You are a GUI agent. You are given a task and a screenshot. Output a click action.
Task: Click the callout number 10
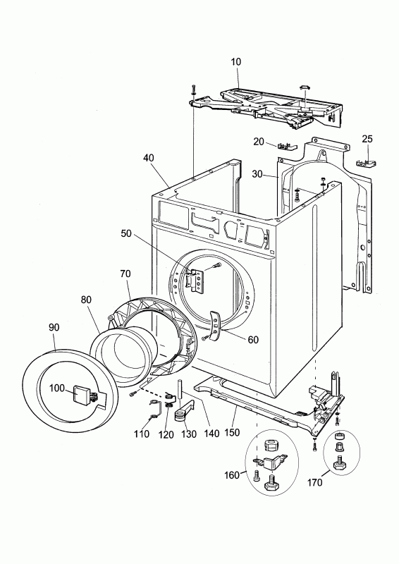pos(235,62)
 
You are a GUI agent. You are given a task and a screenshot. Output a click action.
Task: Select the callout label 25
pos(367,138)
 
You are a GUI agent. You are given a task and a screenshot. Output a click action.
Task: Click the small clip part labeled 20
pos(286,147)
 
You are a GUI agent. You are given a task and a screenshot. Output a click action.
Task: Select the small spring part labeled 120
pos(169,403)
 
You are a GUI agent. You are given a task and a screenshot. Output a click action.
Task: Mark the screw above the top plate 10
pos(192,90)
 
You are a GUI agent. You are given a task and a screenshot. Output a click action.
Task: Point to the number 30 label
pos(258,173)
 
